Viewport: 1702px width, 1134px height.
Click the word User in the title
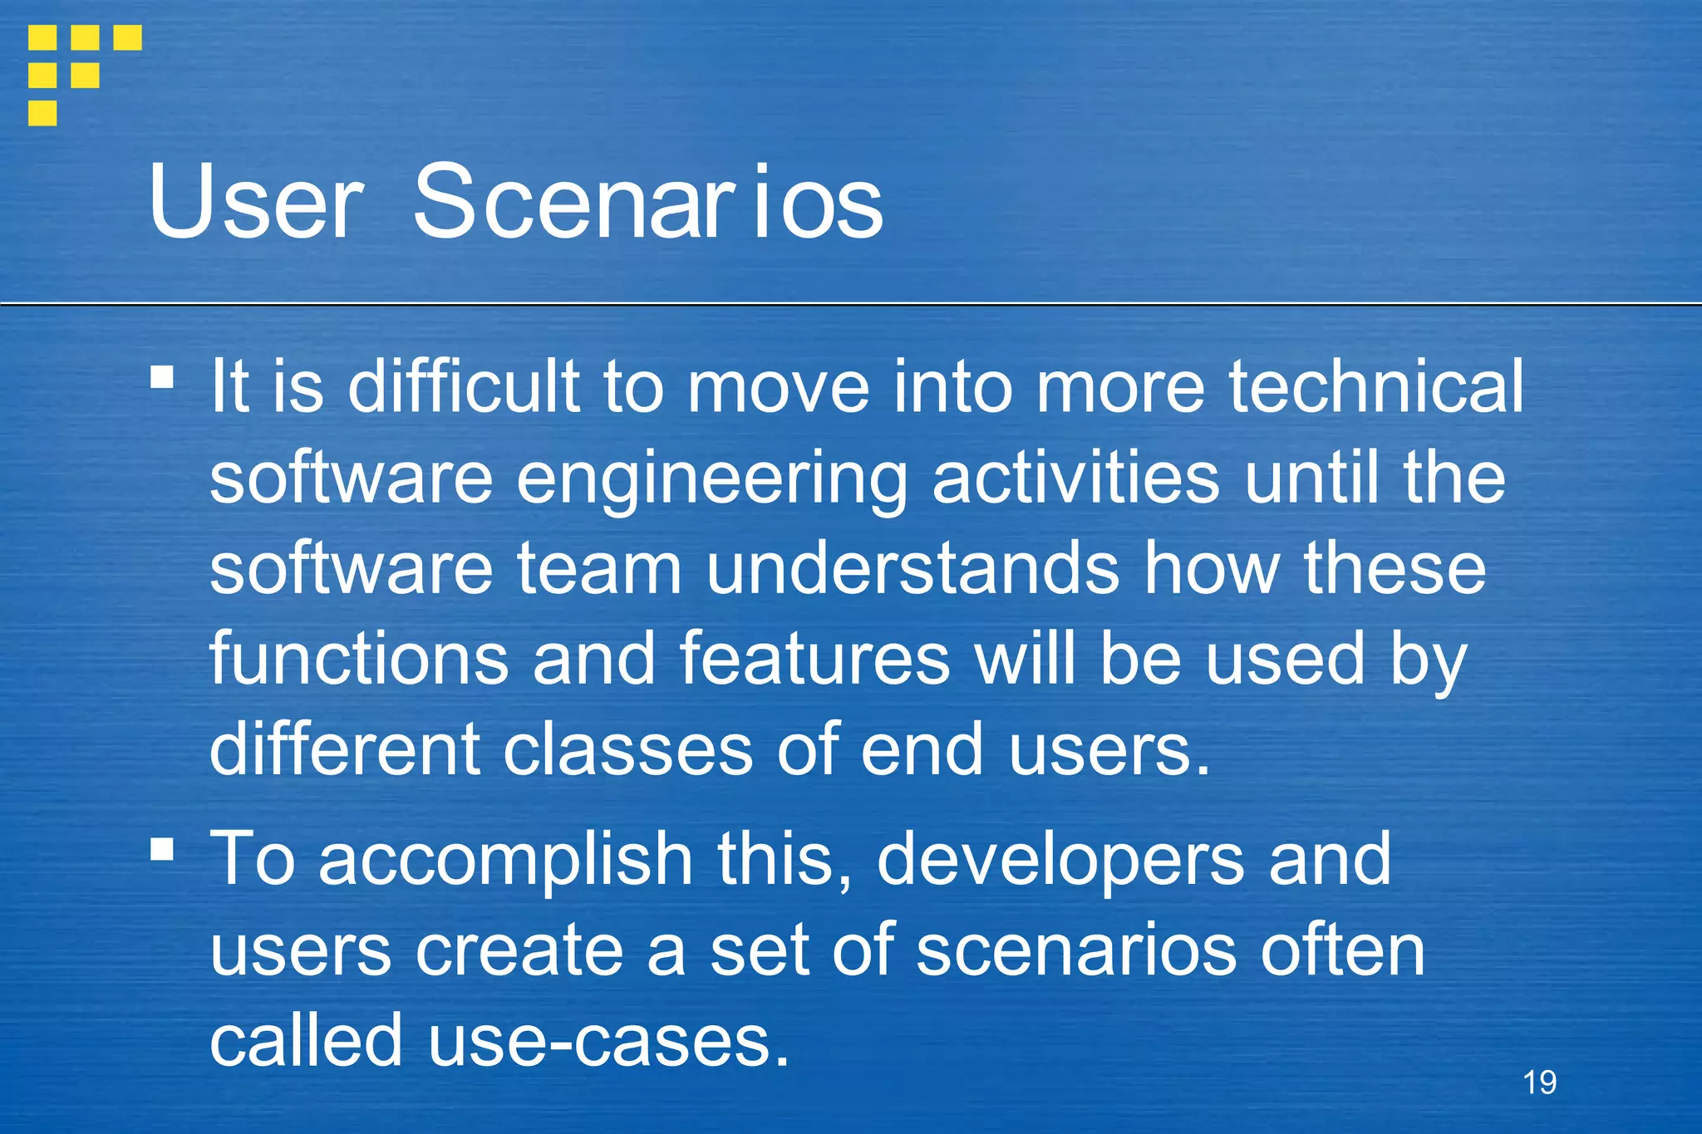click(x=255, y=203)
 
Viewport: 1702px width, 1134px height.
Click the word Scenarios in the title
click(x=648, y=203)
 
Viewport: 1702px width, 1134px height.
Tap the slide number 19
click(x=1539, y=1082)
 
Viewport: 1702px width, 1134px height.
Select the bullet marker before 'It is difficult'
click(x=162, y=378)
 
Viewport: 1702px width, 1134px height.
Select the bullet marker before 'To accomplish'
click(x=162, y=849)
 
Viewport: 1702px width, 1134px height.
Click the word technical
click(x=1376, y=386)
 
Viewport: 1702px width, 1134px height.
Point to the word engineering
click(x=711, y=479)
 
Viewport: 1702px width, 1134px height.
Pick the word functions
click(x=359, y=659)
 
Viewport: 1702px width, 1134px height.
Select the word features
click(x=814, y=659)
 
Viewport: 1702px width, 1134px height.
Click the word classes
click(x=627, y=750)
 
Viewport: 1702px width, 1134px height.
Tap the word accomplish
click(x=505, y=861)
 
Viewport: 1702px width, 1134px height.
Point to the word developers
click(x=1060, y=861)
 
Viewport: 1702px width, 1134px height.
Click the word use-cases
click(x=608, y=1042)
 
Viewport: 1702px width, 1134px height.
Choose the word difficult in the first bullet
click(x=463, y=386)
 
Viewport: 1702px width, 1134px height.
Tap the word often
click(x=1342, y=951)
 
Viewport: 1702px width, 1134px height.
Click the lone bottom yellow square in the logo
click(x=42, y=113)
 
